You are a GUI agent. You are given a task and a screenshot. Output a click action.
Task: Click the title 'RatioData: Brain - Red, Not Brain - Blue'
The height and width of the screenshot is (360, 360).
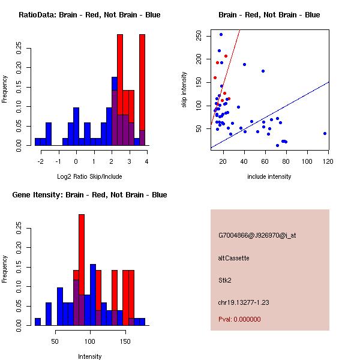[89, 14]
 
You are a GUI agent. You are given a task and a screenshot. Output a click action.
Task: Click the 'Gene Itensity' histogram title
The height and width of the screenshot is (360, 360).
[89, 194]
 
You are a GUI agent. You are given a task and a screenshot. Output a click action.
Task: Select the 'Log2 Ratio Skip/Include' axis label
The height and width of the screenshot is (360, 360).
[89, 176]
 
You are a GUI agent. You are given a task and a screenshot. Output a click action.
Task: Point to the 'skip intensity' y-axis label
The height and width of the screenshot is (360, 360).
[185, 90]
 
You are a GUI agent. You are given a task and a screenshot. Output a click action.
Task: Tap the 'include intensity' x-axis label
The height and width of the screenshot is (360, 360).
[269, 176]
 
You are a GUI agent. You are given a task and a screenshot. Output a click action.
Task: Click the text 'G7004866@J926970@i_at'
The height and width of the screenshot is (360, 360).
[257, 235]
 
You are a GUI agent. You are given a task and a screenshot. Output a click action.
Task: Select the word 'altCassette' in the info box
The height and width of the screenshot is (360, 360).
[233, 257]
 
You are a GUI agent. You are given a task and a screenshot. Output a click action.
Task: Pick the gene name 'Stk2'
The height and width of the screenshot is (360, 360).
[226, 280]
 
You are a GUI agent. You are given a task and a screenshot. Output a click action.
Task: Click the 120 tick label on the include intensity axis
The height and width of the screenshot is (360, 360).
[328, 161]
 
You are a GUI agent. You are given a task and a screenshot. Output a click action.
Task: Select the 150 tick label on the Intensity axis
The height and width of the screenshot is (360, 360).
[124, 341]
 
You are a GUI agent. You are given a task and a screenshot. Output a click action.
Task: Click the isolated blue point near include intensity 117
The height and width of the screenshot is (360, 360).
[325, 133]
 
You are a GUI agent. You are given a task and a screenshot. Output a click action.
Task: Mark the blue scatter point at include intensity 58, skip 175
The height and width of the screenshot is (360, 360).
[263, 71]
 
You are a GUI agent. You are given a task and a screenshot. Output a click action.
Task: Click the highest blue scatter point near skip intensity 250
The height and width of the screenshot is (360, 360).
[221, 34]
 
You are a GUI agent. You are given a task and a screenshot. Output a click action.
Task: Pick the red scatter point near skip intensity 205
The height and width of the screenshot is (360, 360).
[226, 56]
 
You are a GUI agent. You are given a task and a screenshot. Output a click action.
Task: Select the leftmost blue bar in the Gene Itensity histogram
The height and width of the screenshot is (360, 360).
[38, 322]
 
